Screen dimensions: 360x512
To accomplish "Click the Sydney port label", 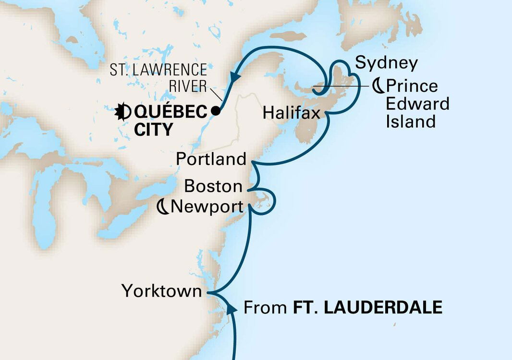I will click(x=387, y=63).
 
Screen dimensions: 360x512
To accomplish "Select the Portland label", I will click(x=211, y=159).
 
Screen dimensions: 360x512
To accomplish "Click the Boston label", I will click(x=213, y=186).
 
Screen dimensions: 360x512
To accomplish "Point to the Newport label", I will click(x=207, y=207).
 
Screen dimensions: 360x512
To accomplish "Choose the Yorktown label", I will click(x=161, y=291).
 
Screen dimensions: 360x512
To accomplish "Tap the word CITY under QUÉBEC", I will click(x=153, y=130).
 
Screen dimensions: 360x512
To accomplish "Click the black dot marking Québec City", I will click(x=216, y=111).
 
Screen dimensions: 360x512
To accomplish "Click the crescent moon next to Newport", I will click(x=163, y=207).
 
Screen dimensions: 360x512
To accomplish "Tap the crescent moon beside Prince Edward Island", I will click(x=378, y=86).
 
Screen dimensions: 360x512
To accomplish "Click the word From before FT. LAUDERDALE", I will click(x=266, y=307).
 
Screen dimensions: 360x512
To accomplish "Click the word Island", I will click(x=411, y=121).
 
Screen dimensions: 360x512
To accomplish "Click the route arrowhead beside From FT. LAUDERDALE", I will click(x=232, y=308).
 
